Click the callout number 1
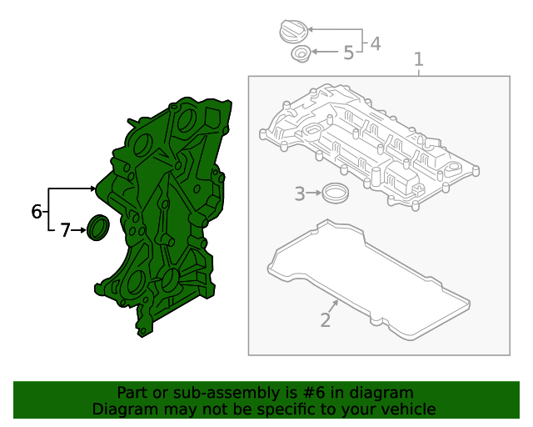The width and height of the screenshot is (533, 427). point(419,60)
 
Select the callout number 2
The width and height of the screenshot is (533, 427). point(326,319)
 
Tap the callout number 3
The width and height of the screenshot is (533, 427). point(300,194)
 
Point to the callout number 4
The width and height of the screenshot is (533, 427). point(376,43)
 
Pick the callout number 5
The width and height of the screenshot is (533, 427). point(348,53)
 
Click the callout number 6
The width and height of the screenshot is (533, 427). point(37,212)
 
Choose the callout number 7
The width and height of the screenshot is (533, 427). point(65,230)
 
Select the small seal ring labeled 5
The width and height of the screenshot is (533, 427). point(300,55)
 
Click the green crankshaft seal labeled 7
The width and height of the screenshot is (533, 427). point(98,228)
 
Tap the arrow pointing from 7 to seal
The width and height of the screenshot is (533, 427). point(81,230)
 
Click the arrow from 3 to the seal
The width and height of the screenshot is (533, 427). point(315,193)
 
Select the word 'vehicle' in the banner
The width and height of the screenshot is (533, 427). point(406,409)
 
